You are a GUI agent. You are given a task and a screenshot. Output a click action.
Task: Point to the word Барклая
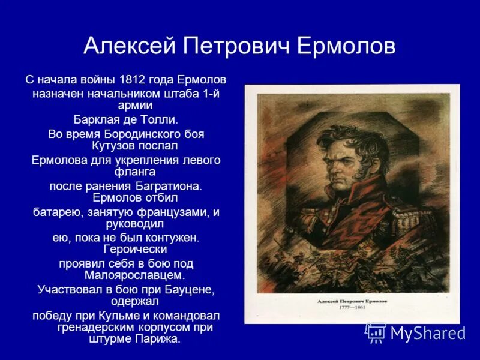94,119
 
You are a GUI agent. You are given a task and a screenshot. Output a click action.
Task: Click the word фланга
126,172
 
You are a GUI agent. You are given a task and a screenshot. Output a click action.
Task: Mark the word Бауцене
188,289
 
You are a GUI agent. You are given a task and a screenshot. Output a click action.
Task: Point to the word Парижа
159,340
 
